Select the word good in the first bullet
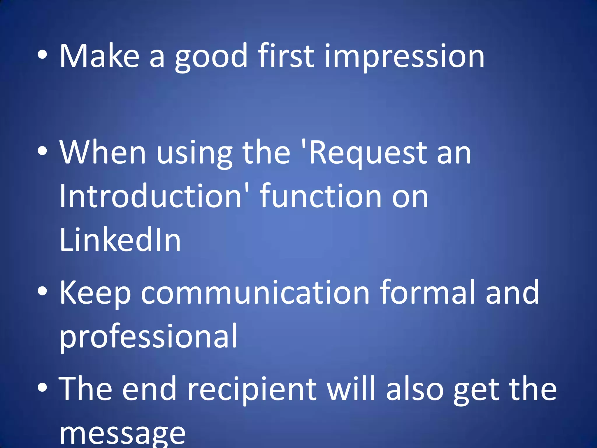(211, 57)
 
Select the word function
(321, 196)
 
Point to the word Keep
(95, 293)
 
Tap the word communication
(255, 292)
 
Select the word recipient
(252, 390)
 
